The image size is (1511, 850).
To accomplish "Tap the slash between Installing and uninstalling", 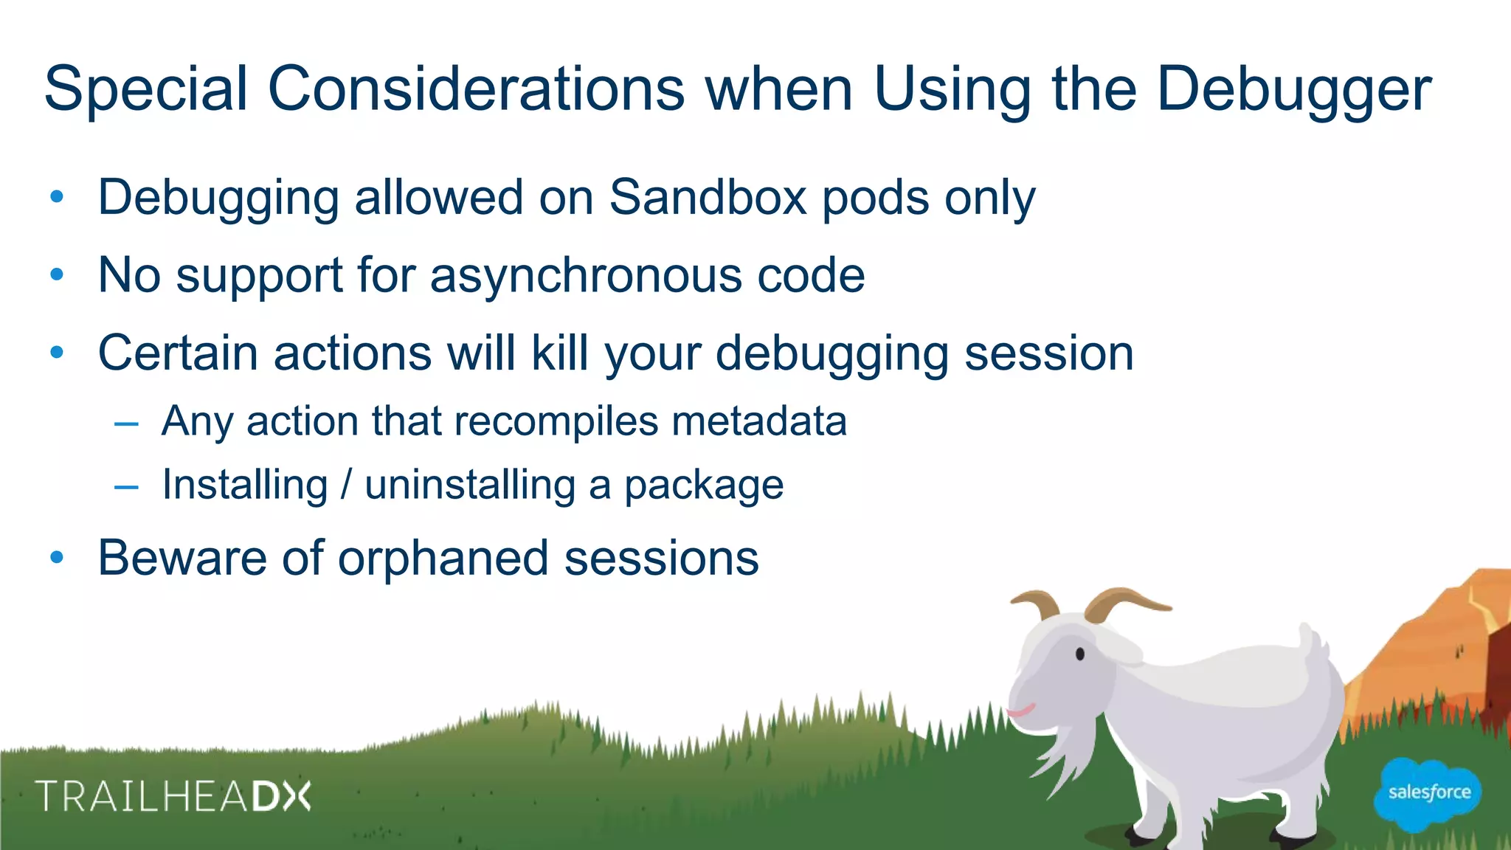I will (346, 485).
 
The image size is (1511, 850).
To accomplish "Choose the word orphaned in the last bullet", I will (443, 558).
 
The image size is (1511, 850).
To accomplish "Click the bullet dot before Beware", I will (57, 559).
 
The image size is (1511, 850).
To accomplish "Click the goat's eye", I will (1080, 654).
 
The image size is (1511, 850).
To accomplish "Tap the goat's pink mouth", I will (1021, 712).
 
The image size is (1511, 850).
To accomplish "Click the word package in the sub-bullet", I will (704, 486).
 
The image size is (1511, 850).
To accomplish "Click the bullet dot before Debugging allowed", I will (57, 197).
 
